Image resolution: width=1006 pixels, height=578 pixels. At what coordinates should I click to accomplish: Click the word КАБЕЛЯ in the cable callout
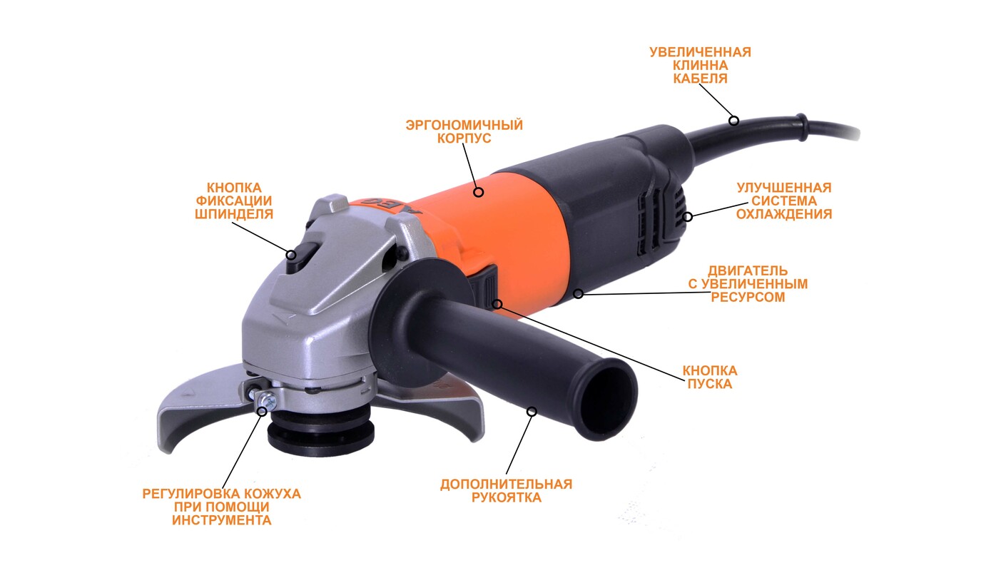pos(700,78)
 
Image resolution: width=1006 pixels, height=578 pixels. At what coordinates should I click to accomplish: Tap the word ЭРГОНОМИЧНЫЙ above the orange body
pos(464,125)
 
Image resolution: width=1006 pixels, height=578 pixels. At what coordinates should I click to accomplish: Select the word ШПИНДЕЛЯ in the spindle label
pos(234,213)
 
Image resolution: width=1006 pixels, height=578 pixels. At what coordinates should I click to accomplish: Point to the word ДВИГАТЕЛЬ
pos(748,270)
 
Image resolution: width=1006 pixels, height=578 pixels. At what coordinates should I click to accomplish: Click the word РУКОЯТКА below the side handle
pos(506,497)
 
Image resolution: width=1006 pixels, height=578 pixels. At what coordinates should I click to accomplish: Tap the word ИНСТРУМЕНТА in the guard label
pos(221,520)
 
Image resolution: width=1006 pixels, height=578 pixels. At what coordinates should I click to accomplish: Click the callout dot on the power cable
pos(733,121)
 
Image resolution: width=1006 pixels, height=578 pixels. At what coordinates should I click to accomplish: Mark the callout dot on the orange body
pos(479,192)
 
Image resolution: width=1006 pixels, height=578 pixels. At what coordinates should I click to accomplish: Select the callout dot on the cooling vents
pos(687,217)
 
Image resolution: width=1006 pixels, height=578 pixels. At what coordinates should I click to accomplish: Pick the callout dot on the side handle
pos(532,411)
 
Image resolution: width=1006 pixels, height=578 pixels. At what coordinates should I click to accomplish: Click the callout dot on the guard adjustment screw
pos(262,411)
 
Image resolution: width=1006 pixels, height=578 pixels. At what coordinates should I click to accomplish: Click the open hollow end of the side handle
pos(610,400)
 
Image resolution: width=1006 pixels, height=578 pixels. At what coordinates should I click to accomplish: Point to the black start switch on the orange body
pos(489,285)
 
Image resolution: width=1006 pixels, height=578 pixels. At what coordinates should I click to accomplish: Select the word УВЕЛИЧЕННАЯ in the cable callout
pos(700,52)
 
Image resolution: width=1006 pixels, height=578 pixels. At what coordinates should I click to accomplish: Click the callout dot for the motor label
pos(579,293)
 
